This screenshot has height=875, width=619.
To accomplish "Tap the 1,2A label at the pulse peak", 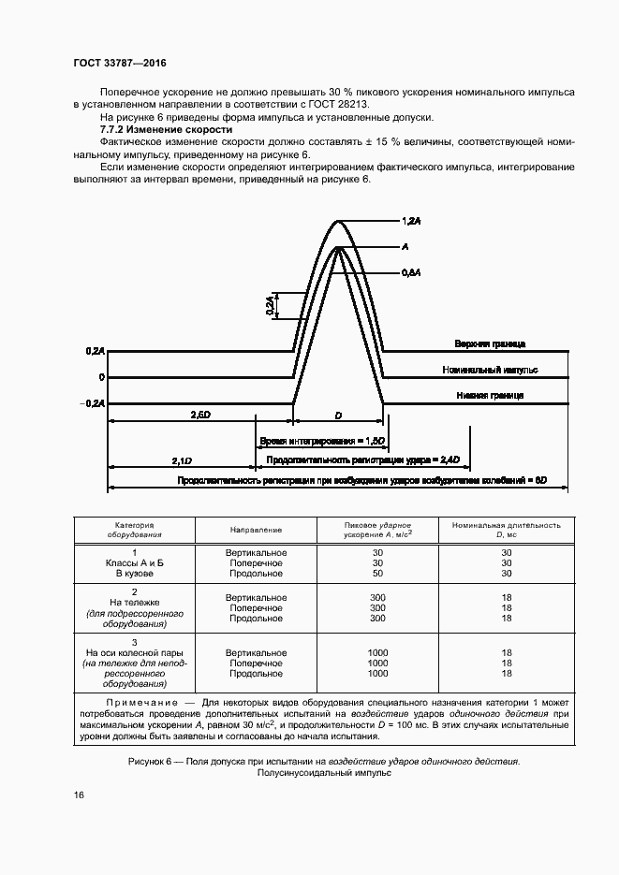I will coord(411,221).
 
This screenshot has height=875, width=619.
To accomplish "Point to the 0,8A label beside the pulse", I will coord(411,272).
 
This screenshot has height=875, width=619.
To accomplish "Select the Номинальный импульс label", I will coord(489,371).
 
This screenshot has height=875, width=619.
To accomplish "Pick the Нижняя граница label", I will coord(489,396).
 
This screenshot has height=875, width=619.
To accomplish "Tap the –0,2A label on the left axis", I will coord(94,403).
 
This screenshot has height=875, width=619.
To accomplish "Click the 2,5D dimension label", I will coord(199,413).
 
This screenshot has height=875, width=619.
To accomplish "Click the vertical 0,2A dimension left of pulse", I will coord(269,305).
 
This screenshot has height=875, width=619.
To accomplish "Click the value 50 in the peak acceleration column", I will coord(377,573).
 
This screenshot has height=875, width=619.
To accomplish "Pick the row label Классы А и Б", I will coord(135,562).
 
